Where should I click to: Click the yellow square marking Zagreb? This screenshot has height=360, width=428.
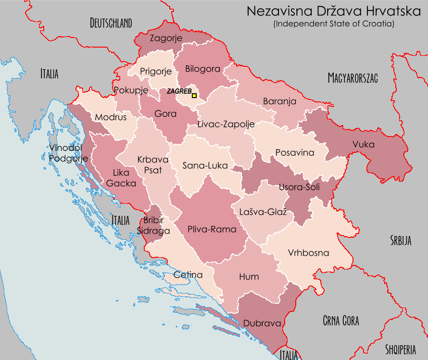pos(194,96)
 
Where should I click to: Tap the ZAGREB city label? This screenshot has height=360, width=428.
pos(179,91)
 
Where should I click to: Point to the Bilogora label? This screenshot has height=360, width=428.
pos(202,69)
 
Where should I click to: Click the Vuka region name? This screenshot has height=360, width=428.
pos(363,144)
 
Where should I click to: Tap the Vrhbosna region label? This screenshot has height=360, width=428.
pos(308,253)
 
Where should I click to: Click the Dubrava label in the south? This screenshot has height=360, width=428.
pos(262,323)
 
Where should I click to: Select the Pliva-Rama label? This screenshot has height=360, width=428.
pos(212,229)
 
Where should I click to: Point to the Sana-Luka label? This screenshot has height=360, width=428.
pos(205,165)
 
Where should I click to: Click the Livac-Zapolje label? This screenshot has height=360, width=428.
pos(226,124)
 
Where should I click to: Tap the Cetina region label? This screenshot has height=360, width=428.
pos(188,275)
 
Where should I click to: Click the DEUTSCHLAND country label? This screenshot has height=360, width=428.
pos(111,23)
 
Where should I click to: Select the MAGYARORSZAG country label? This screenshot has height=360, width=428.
pos(352,78)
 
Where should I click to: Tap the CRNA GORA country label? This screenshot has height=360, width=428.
pos(340,321)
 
